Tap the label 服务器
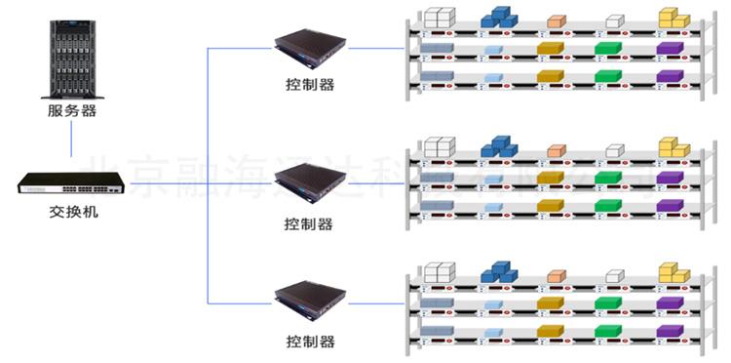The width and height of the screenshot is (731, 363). pyautogui.click(x=72, y=111)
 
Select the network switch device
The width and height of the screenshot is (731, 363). pyautogui.click(x=72, y=181)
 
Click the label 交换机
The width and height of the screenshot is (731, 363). pyautogui.click(x=72, y=211)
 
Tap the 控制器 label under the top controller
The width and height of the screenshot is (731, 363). pyautogui.click(x=310, y=86)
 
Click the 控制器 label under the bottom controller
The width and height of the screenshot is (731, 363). pyautogui.click(x=310, y=342)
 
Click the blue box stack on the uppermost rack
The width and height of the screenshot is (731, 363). pyautogui.click(x=499, y=17)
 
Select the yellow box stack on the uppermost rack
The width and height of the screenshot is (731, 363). pyautogui.click(x=673, y=18)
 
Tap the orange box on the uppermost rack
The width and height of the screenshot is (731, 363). pyautogui.click(x=556, y=20)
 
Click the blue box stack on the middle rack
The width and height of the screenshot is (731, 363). pyautogui.click(x=499, y=146)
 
